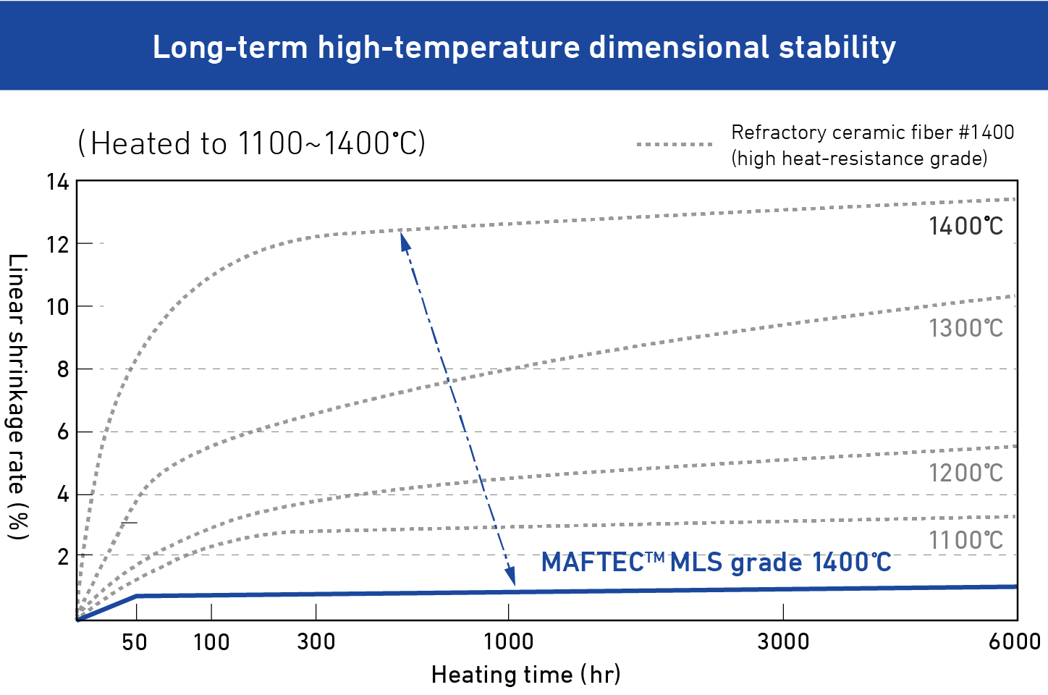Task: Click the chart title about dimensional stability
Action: coord(524,47)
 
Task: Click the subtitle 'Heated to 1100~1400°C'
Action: coord(251,143)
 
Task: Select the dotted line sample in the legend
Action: coord(675,145)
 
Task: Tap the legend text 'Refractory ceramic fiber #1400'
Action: coord(872,132)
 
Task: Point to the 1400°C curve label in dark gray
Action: coord(965,227)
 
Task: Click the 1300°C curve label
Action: coord(965,329)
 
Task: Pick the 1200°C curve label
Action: coord(965,473)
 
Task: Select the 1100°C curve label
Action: coord(965,540)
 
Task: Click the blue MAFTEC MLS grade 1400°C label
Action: coord(716,563)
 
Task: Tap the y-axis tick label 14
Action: coord(58,182)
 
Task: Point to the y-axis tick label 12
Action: coord(58,245)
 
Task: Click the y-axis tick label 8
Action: coord(63,369)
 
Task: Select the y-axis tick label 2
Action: coord(63,557)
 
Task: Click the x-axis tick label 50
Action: coord(135,642)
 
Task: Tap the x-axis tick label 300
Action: coord(316,642)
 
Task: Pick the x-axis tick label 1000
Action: coord(508,642)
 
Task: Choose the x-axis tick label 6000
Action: coord(1015,642)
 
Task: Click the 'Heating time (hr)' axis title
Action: coord(525,675)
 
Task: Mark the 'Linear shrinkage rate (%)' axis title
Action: coord(17,396)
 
